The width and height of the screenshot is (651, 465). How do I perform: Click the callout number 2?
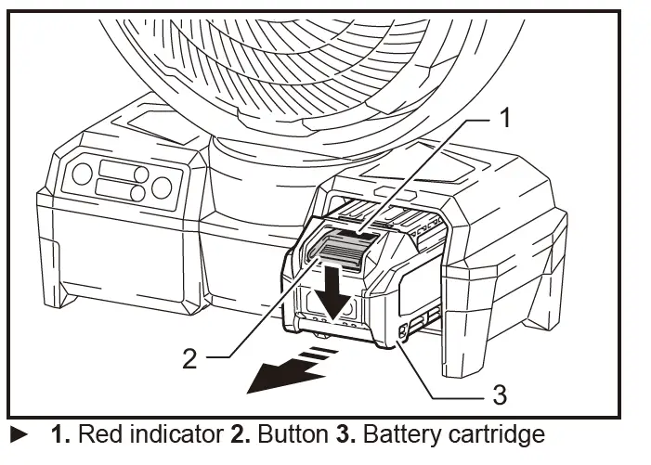[189, 357]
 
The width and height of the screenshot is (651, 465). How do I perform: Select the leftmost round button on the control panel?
[81, 173]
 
